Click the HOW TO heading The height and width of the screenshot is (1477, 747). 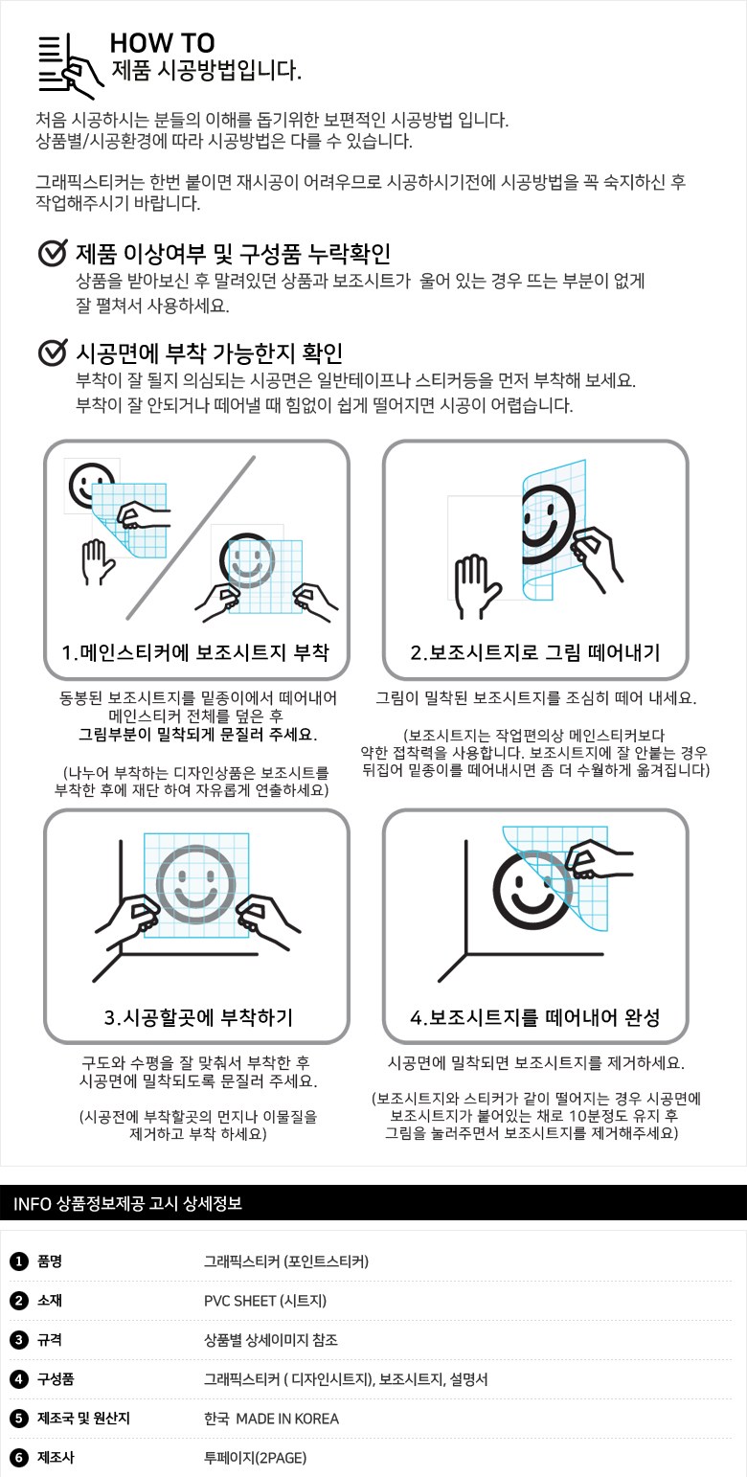coord(162,43)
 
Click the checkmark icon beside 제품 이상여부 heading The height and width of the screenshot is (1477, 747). coord(53,253)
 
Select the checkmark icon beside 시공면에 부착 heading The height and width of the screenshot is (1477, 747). coord(53,352)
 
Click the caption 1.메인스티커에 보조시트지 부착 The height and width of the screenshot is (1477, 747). coord(195,652)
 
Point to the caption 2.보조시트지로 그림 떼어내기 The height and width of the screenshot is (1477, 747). coord(534,652)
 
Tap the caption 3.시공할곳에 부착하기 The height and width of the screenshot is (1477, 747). coord(198,1017)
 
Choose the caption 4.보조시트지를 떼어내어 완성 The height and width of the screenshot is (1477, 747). coord(534,1017)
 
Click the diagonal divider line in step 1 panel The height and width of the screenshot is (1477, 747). coord(192,537)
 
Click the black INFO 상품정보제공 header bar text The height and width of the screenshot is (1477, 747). coord(127,1203)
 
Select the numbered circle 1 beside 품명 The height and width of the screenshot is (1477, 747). coord(18,1261)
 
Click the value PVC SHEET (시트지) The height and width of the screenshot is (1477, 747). coord(265,1301)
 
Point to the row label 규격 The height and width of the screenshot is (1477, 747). coord(50,1339)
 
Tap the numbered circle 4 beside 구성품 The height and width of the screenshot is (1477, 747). coord(18,1378)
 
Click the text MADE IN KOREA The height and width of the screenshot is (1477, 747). coord(287,1419)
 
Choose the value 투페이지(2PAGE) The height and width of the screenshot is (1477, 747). coord(255,1457)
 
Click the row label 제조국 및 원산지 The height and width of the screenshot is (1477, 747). coord(83,1418)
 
